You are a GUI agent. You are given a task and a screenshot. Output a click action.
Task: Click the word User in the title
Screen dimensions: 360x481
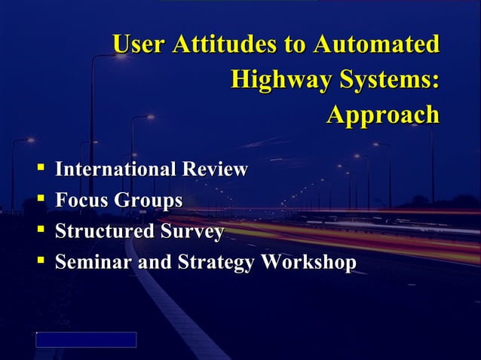tap(139, 44)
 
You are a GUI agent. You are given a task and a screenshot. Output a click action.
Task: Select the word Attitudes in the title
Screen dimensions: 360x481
tap(225, 44)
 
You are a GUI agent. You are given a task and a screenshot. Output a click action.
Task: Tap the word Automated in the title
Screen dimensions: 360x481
tap(375, 44)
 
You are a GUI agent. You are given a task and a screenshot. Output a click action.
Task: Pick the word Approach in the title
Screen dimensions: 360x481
tap(382, 114)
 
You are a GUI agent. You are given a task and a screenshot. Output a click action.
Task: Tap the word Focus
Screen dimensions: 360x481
tap(81, 201)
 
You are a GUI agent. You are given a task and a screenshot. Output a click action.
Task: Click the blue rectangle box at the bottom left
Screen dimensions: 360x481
tap(86, 340)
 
